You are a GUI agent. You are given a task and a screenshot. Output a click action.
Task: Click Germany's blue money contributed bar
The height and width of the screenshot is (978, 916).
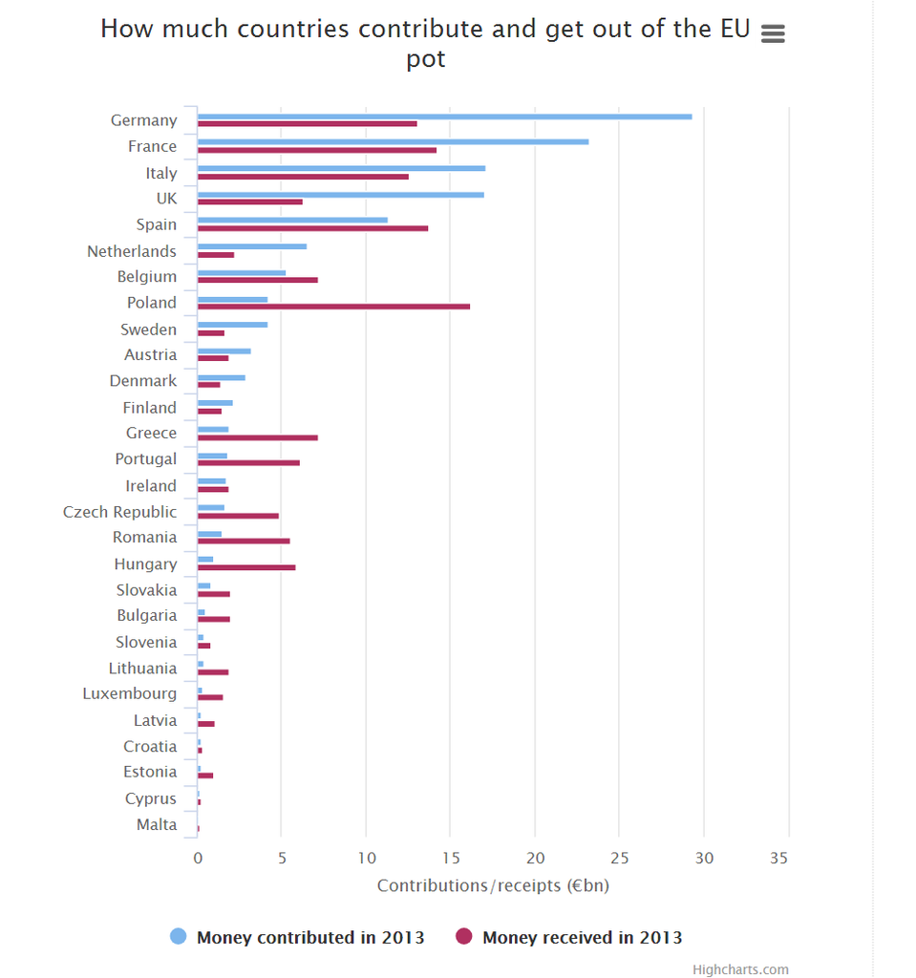(444, 117)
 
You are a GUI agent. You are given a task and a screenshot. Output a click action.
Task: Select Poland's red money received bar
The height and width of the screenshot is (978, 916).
(333, 307)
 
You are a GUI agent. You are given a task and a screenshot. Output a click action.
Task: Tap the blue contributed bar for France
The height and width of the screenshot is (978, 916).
(393, 142)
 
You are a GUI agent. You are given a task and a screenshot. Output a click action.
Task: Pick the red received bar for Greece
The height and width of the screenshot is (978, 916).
(257, 437)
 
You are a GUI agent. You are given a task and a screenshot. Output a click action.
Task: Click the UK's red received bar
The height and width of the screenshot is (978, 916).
(249, 202)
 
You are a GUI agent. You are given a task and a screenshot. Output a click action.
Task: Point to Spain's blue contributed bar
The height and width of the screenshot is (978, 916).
(292, 220)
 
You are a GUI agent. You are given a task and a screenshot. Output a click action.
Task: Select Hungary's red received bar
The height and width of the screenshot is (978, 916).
(246, 567)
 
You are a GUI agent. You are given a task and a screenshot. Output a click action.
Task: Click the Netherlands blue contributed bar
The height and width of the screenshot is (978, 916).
(251, 246)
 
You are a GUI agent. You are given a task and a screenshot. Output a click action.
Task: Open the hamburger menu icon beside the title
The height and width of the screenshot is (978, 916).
(773, 33)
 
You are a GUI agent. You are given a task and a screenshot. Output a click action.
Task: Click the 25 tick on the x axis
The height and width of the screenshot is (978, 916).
(619, 859)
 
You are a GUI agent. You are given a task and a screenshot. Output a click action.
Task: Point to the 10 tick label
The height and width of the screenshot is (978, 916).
(366, 859)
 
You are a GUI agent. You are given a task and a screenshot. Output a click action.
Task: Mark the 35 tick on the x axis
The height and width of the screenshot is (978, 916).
(778, 859)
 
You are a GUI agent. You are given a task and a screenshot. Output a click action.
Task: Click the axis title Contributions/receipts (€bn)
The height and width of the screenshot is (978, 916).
(493, 885)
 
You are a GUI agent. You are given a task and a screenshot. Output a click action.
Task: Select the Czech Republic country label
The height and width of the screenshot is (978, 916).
(119, 512)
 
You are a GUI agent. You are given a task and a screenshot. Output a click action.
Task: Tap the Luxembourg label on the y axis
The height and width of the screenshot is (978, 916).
(129, 693)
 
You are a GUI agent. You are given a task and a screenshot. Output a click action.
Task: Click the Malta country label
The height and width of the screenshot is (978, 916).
(157, 824)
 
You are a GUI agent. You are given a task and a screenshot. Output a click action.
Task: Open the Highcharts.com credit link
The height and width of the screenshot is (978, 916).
(740, 969)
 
